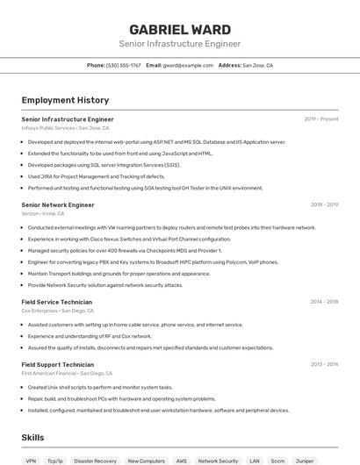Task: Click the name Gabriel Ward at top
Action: pyautogui.click(x=180, y=30)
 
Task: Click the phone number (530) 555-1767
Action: pyautogui.click(x=123, y=65)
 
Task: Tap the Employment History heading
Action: pyautogui.click(x=65, y=100)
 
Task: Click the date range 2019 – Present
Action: pyautogui.click(x=321, y=118)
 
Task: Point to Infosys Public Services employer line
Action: pyautogui.click(x=65, y=127)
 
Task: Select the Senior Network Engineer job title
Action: pyautogui.click(x=58, y=204)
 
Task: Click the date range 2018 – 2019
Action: pyautogui.click(x=324, y=204)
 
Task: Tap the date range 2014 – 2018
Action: pyautogui.click(x=324, y=302)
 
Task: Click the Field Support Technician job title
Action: pyautogui.click(x=58, y=364)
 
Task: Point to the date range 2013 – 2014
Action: pyautogui.click(x=324, y=364)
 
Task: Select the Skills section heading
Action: pyautogui.click(x=32, y=437)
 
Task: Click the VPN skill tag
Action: pyautogui.click(x=31, y=461)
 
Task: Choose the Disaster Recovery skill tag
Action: pyautogui.click(x=95, y=461)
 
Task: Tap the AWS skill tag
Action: pyautogui.click(x=181, y=461)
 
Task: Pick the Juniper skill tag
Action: pyautogui.click(x=305, y=461)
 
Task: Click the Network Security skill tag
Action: pyautogui.click(x=218, y=461)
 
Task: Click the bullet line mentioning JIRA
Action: pyautogui.click(x=96, y=176)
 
